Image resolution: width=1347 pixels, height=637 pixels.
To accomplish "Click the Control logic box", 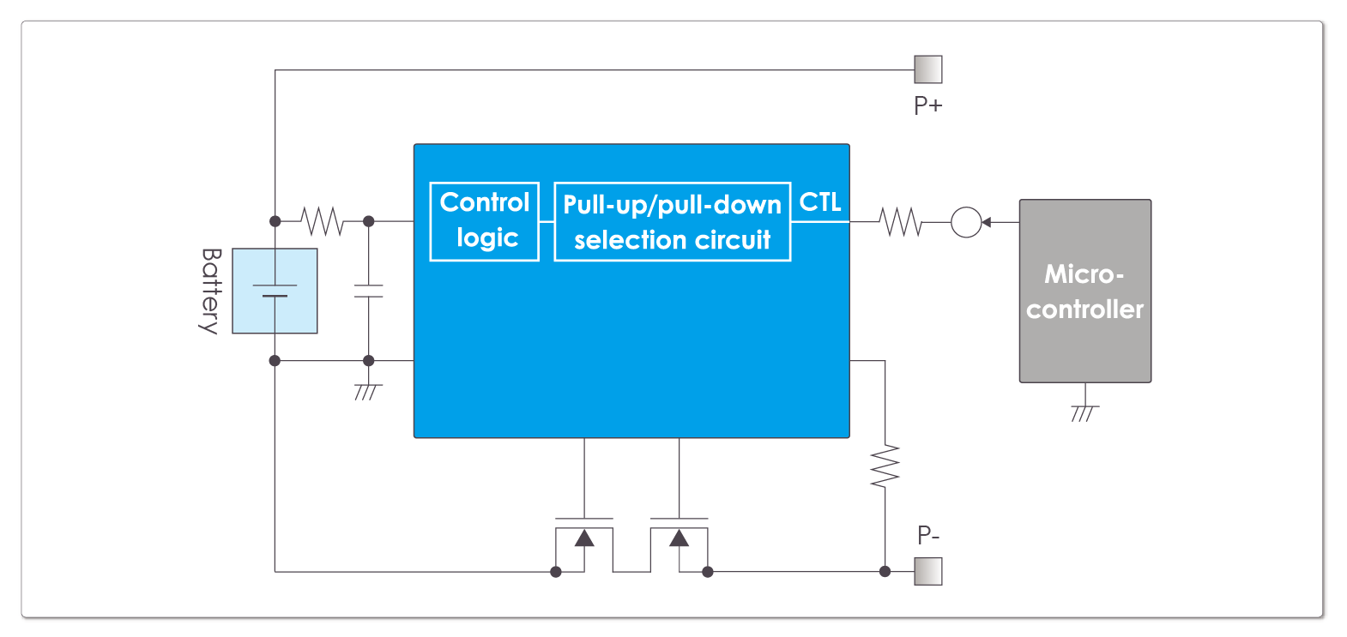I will tap(485, 221).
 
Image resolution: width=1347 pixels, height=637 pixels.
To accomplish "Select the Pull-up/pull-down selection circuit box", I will tap(672, 221).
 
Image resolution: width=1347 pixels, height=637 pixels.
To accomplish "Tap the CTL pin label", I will tap(820, 202).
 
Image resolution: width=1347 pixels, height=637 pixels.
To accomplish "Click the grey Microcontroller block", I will tap(1085, 291).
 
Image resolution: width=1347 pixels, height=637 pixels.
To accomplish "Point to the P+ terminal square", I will tap(927, 69).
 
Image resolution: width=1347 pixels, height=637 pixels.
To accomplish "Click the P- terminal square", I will tap(927, 571).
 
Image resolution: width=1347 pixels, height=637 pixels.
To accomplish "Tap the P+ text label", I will tap(928, 105).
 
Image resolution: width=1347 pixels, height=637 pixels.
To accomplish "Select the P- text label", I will tap(928, 535).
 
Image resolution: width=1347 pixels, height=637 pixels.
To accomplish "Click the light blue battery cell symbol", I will tap(275, 291).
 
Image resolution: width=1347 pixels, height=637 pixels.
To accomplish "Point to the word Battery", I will tap(211, 291).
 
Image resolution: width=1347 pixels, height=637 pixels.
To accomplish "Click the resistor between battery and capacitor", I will tap(322, 221).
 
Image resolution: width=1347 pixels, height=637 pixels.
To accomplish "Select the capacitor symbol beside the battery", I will tap(368, 291).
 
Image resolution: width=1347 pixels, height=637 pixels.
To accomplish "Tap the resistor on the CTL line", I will tap(900, 222).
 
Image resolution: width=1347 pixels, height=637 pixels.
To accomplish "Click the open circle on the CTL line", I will tap(966, 222).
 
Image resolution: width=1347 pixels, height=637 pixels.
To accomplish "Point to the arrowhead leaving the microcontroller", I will tap(987, 222).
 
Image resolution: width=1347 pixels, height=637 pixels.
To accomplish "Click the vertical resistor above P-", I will tap(885, 466).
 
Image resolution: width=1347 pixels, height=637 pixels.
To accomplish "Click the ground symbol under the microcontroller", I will tap(1085, 412).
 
